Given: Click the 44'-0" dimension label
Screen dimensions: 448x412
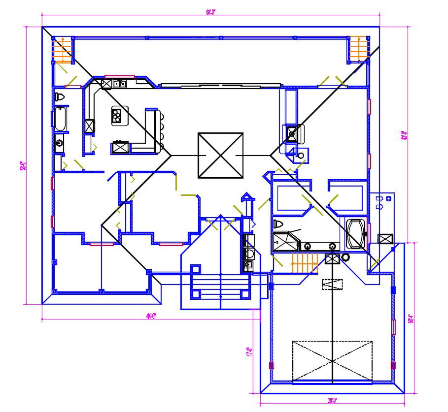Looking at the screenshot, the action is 151,317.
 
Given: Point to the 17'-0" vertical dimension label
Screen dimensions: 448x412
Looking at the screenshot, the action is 250,351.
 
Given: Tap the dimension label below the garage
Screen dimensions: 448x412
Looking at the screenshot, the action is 333,400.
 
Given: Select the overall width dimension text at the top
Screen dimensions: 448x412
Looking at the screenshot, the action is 210,13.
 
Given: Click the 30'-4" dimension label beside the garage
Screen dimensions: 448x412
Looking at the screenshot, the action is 411,318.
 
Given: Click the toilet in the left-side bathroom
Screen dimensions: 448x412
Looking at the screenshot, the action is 60,97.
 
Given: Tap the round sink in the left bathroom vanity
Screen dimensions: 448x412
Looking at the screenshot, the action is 60,144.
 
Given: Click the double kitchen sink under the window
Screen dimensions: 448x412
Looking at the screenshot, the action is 119,84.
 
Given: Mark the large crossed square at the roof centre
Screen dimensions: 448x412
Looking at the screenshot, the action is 220,156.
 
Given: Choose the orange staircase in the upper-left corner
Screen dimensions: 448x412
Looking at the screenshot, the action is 63,50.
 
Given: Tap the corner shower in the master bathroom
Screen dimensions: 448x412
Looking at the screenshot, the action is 285,243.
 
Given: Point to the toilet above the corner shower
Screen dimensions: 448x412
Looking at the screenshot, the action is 278,224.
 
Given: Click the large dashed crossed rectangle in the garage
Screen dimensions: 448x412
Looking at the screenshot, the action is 332,361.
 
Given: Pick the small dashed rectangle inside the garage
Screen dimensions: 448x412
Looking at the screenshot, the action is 333,285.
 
